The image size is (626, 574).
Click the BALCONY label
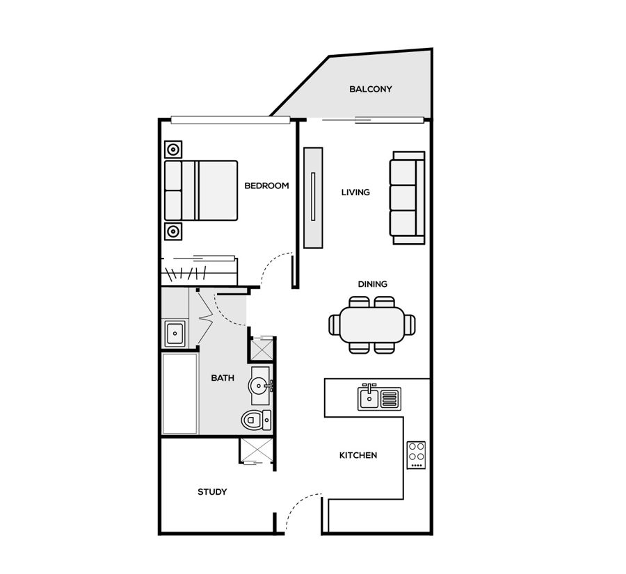371,89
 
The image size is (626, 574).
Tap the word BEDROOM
266,186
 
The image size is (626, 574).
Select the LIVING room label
355,192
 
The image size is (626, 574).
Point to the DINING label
373,284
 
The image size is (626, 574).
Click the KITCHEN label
358,455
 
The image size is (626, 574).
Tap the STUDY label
212,492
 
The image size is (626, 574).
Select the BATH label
223,378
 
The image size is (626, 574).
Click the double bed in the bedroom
201,190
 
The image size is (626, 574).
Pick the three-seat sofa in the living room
407,198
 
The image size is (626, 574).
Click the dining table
372,325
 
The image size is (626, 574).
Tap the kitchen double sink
379,397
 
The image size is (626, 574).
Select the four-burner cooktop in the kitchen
416,455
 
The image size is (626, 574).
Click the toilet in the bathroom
256,420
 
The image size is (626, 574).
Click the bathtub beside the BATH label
179,394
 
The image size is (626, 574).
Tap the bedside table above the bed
173,150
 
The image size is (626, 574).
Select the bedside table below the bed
173,231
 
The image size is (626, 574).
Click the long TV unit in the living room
313,198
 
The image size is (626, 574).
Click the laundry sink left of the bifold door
175,334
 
